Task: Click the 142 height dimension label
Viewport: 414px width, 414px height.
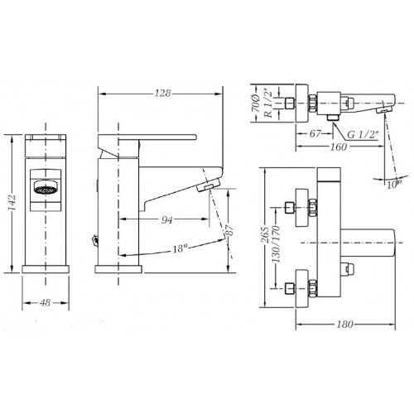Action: (x=12, y=202)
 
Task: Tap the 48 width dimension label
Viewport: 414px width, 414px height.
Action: (x=46, y=303)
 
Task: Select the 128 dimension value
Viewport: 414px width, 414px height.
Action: (x=162, y=94)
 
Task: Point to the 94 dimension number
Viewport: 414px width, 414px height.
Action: (x=166, y=220)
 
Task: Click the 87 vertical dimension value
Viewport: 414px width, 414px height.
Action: (x=229, y=230)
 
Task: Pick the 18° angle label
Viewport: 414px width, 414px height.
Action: (x=179, y=248)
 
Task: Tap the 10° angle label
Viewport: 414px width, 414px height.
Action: (x=394, y=184)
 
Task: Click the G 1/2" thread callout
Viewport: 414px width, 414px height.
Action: (x=362, y=134)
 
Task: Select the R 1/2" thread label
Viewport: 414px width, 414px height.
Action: (x=268, y=103)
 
